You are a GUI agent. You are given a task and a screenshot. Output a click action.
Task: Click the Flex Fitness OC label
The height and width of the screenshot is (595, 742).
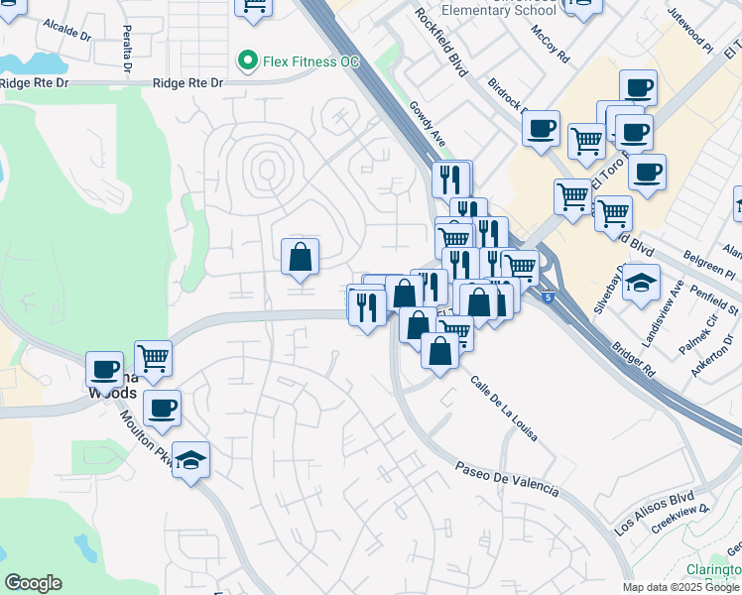(310, 61)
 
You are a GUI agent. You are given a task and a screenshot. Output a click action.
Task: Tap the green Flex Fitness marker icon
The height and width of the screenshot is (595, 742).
(247, 61)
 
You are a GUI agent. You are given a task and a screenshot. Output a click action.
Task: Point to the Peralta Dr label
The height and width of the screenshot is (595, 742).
(127, 50)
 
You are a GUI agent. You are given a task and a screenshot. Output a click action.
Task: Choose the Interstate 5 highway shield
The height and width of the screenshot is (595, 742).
(549, 296)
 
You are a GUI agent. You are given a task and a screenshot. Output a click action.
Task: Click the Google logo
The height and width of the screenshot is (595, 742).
(33, 583)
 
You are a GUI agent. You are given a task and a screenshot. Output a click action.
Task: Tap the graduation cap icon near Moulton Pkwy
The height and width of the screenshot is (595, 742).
(191, 459)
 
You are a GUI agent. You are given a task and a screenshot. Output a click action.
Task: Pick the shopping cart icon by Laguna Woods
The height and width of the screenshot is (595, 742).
(153, 359)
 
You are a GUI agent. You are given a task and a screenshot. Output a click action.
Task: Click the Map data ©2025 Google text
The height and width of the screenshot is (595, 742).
(681, 587)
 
